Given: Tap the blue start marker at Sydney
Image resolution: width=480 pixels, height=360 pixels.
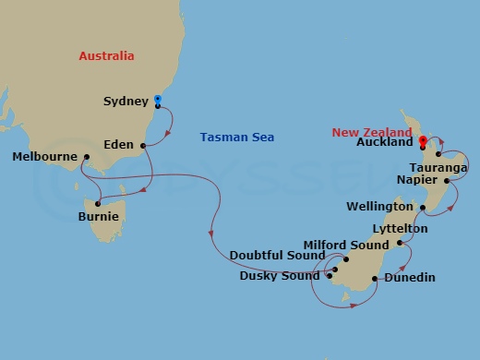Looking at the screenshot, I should pos(158,99).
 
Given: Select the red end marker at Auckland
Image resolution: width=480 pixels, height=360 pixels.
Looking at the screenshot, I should pos(423,141).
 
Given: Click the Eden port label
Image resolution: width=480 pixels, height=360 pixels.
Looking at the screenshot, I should pos(121,145).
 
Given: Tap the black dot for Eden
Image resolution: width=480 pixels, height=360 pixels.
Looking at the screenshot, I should pos(143,145).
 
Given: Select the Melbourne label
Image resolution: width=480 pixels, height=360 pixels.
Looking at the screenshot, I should pos(44,157).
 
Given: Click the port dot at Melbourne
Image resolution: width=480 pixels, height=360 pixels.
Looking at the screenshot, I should pos(85,157).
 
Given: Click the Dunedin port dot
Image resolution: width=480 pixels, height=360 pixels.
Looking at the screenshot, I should pos(375,278).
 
